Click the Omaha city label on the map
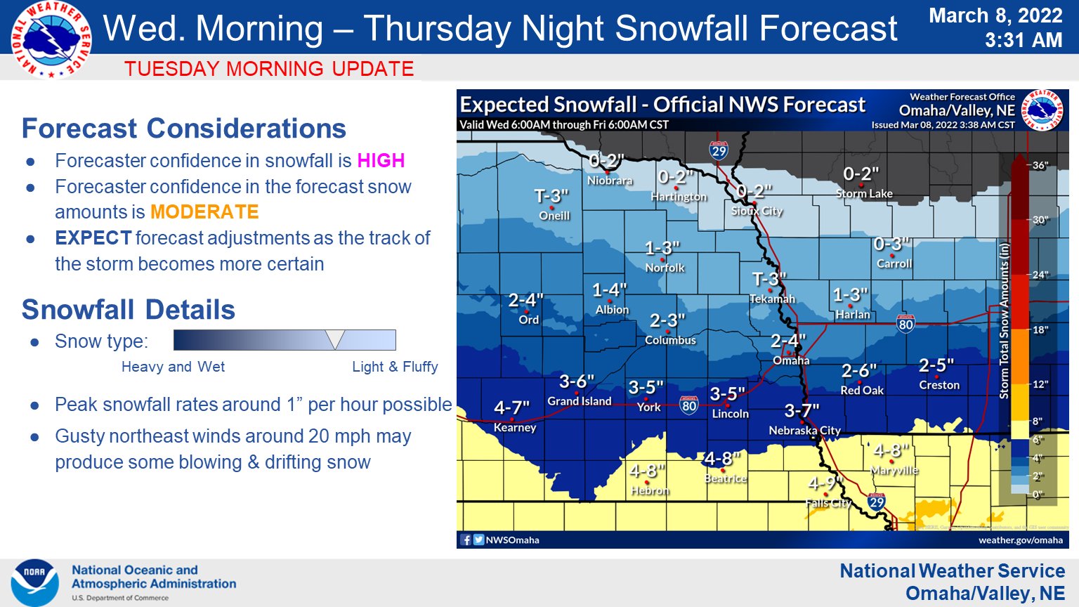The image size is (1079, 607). click(791, 360)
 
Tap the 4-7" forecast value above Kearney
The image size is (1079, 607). click(511, 408)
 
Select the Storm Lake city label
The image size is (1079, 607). click(864, 193)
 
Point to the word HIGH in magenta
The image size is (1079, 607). click(381, 161)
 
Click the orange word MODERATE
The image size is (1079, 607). click(204, 212)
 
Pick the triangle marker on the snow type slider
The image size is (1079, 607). click(336, 339)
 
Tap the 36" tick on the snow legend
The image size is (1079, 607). click(1040, 166)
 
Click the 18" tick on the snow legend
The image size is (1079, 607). click(1040, 329)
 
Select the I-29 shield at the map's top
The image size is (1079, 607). click(718, 150)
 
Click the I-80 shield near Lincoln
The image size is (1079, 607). click(689, 405)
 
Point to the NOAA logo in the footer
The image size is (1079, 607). click(34, 582)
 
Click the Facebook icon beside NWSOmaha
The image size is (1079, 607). click(466, 540)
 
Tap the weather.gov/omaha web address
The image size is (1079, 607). click(1020, 540)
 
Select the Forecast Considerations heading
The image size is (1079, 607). click(184, 129)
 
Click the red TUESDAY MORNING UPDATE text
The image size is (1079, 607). click(269, 69)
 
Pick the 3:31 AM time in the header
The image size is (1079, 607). click(1023, 40)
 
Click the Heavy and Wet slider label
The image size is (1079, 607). click(173, 367)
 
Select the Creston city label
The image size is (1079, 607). click(939, 385)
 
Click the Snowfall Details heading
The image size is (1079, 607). click(129, 310)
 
